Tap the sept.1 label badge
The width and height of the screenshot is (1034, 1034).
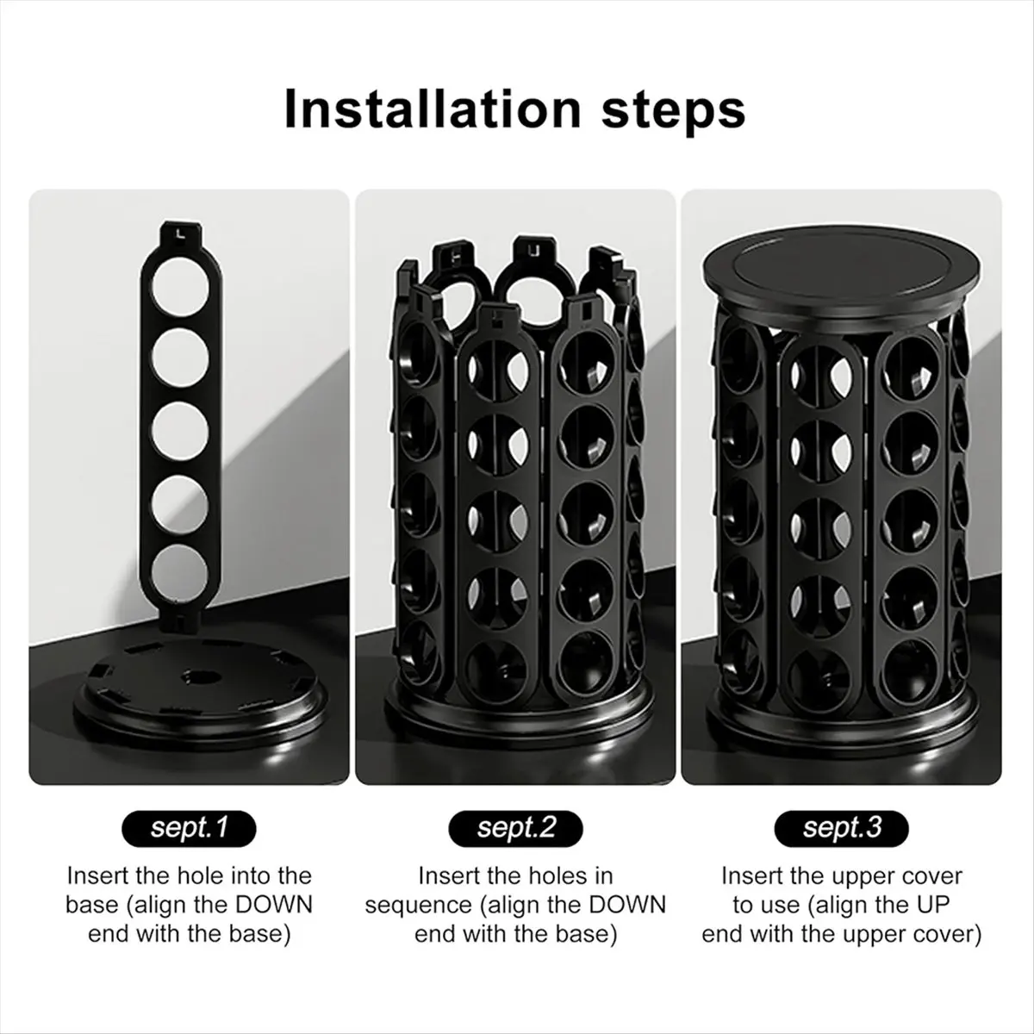(x=189, y=828)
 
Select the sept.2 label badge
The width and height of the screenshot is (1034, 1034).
(x=515, y=828)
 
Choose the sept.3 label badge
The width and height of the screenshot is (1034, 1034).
(x=842, y=828)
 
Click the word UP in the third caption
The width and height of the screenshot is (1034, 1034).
(x=941, y=905)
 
